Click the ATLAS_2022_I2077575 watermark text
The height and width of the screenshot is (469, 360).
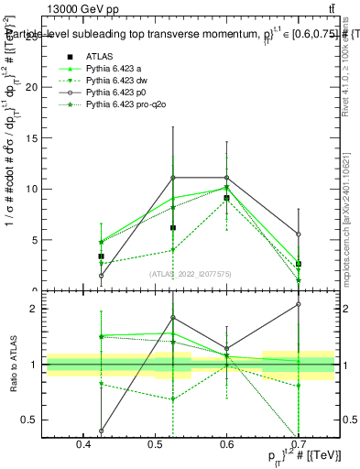click(x=190, y=274)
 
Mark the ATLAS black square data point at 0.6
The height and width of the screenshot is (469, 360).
click(x=227, y=198)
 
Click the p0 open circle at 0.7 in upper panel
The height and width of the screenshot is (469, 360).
click(x=299, y=234)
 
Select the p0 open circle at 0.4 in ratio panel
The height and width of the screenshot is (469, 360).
click(x=102, y=431)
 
